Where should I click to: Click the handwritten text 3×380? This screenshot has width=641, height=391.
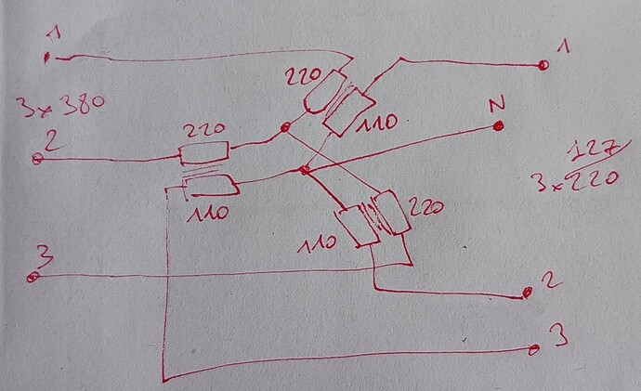point(60,105)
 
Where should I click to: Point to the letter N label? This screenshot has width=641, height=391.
point(497,105)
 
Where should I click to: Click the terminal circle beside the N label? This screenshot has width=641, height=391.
point(498,126)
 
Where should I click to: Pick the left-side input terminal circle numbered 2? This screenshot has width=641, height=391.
point(37,159)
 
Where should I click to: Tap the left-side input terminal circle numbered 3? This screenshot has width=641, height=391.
point(33,278)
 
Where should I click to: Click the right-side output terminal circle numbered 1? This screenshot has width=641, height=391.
point(543,65)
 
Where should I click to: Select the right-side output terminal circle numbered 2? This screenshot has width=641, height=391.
point(528,293)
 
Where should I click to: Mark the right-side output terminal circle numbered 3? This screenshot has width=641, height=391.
point(534,349)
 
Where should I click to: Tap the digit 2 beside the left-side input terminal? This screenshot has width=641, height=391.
point(53,140)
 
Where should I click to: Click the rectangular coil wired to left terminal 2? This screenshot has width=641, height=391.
point(203,152)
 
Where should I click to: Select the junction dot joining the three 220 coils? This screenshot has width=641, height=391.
point(285,128)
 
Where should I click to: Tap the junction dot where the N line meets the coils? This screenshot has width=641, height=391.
point(304,170)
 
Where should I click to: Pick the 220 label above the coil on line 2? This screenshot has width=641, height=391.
point(203,130)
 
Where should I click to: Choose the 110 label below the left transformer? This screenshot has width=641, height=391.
point(208,213)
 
